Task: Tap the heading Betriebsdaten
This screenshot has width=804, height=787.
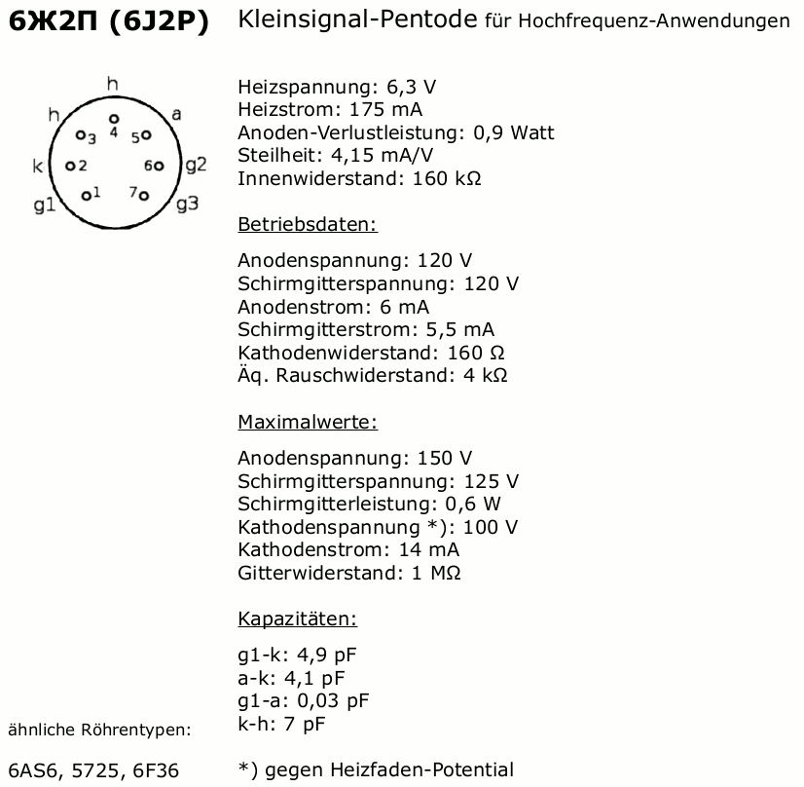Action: [x=307, y=225]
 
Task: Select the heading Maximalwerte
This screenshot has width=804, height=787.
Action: [x=307, y=422]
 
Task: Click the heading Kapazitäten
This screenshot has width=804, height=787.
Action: [x=297, y=618]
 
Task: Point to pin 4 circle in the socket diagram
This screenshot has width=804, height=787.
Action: [x=114, y=117]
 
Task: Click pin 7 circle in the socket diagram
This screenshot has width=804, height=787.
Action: [x=144, y=196]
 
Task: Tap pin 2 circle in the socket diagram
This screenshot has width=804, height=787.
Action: [x=69, y=166]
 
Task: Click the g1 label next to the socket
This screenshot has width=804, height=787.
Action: [x=44, y=205]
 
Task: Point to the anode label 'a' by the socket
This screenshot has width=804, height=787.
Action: [x=176, y=114]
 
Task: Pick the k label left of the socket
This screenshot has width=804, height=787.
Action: [x=38, y=166]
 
